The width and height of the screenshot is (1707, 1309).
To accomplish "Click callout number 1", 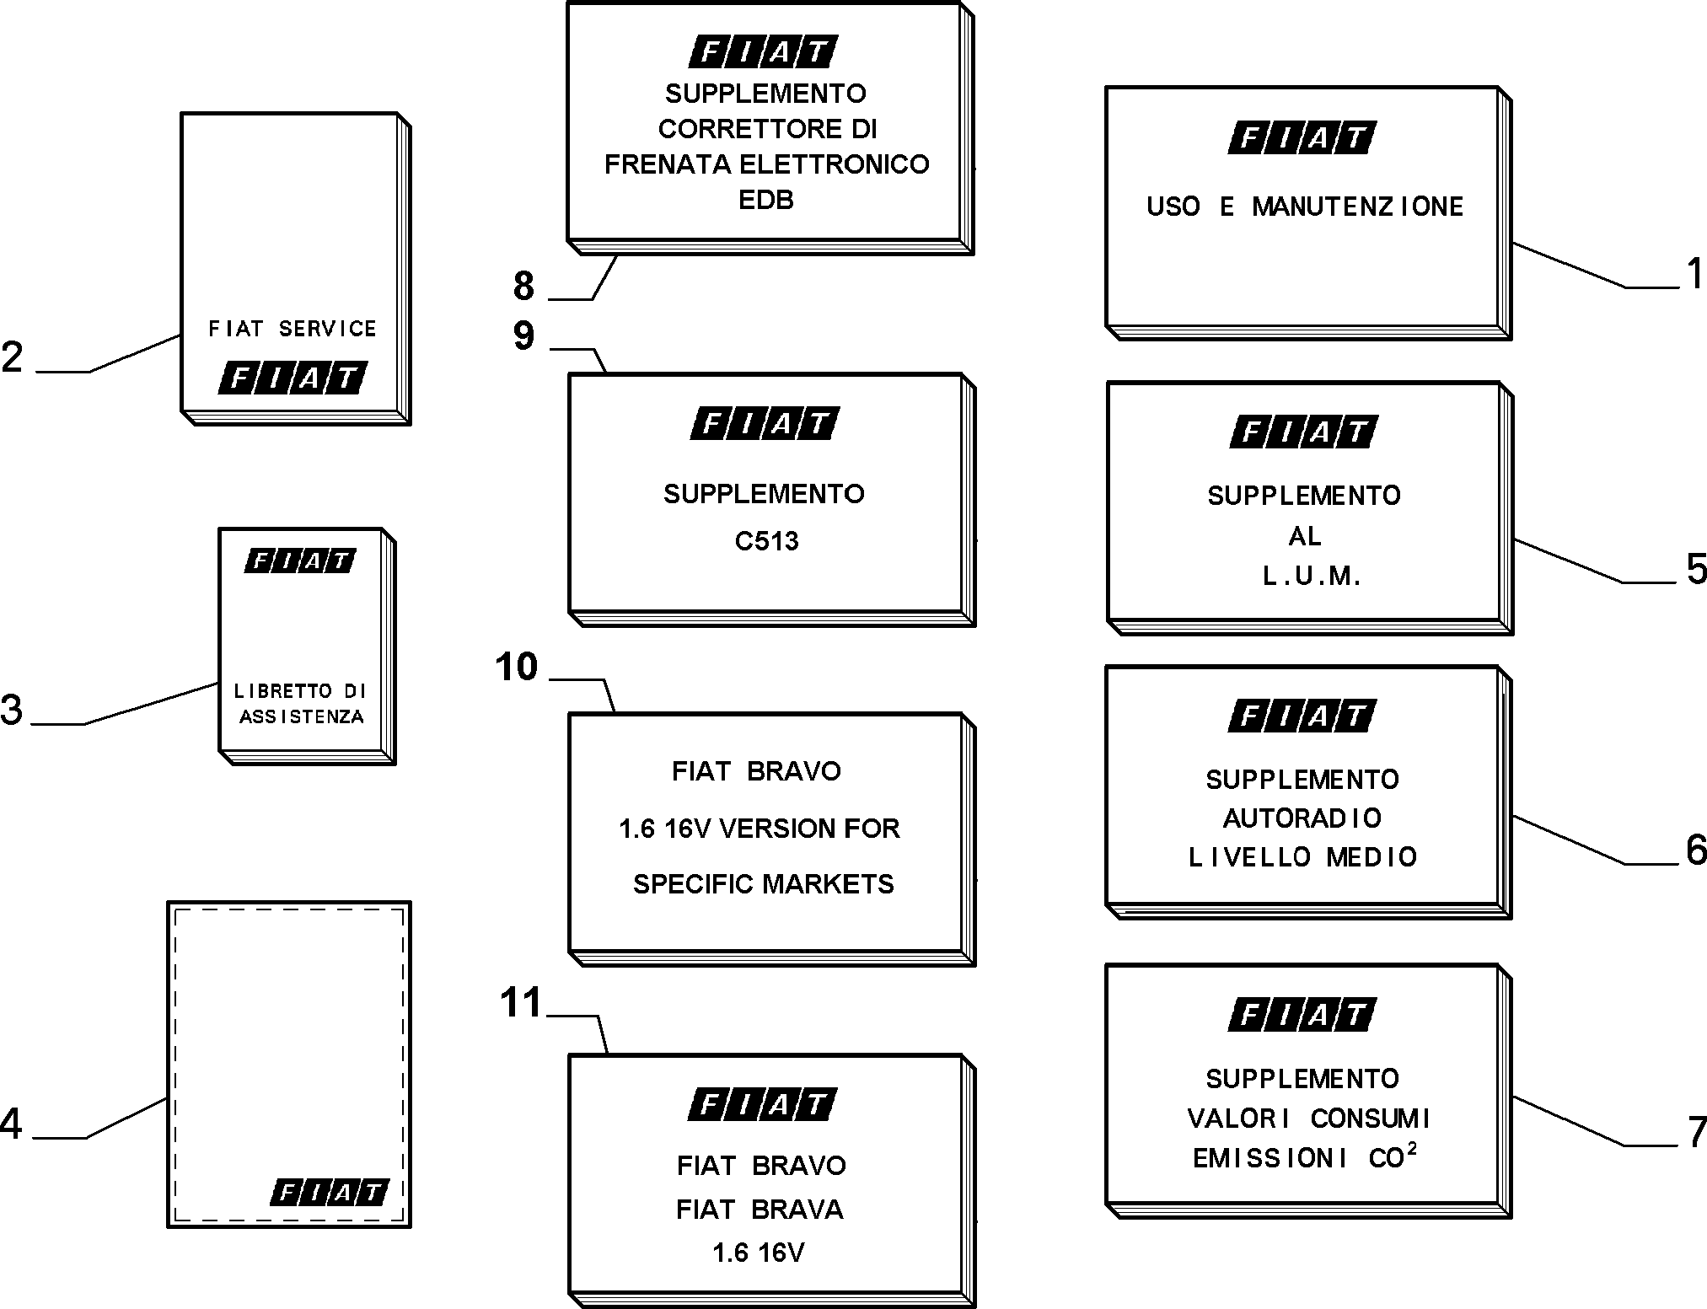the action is coord(1694,274).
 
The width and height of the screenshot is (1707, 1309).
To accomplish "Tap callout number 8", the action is coord(524,286).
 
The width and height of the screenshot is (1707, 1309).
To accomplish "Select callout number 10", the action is coord(516,667).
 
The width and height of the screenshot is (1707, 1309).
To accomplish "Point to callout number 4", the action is coord(11,1124).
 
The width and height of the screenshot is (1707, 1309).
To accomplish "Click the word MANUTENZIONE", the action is coord(1357,207).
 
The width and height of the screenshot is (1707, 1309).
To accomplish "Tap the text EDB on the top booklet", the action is coord(766,200).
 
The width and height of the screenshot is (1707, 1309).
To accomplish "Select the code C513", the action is coord(766,540).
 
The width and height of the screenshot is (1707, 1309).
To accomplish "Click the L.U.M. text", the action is coord(1312,576).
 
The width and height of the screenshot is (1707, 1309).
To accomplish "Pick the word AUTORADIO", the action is coord(1302,818).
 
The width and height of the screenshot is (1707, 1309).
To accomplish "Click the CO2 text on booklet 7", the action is coord(1393,1156).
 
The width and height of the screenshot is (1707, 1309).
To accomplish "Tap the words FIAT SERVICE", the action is coord(293,329).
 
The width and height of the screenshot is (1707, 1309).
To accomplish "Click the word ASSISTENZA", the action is coord(302,716).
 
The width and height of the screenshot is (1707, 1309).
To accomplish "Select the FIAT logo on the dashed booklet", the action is coord(330,1193).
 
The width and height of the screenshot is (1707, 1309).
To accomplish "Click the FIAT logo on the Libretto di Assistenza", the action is coord(300,561).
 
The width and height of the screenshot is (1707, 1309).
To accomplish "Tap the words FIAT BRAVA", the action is coord(760,1210).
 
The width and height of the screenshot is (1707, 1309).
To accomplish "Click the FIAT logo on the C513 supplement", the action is coord(765,423).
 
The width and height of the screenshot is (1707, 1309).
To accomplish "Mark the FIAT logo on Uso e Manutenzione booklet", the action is coord(1302,137).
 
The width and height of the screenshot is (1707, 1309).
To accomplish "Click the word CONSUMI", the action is coord(1371,1119).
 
